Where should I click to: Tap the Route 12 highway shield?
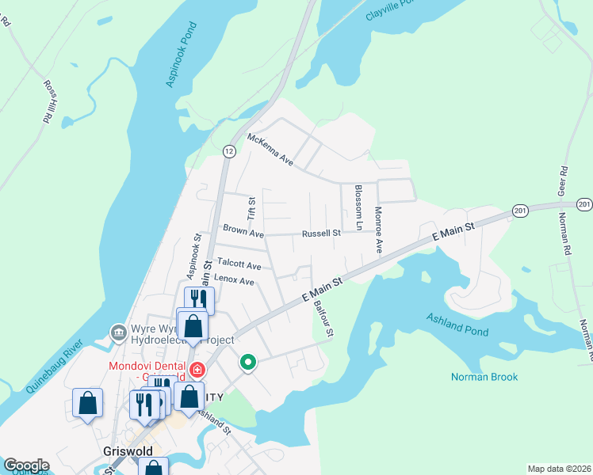pyautogui.click(x=228, y=150)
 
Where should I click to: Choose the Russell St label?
pyautogui.click(x=320, y=233)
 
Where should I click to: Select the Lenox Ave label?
pyautogui.click(x=234, y=280)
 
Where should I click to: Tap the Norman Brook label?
pyautogui.click(x=484, y=377)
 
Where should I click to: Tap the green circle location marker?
pyautogui.click(x=248, y=363)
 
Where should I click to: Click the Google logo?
pyautogui.click(x=26, y=465)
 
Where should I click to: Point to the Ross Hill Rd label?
pyautogui.click(x=50, y=100)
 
